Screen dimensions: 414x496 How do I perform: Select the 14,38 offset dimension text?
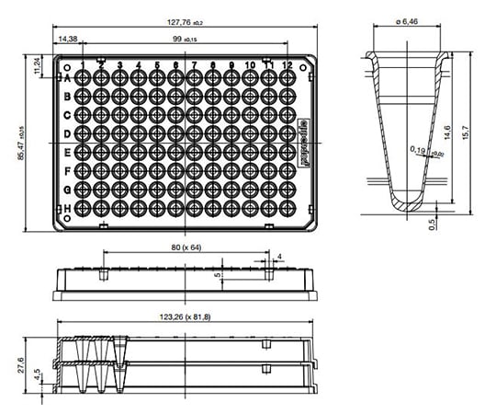coord(67,40)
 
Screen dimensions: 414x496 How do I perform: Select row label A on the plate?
coord(67,79)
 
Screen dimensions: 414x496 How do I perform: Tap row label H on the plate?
coord(67,209)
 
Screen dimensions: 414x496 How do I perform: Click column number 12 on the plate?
coord(287,65)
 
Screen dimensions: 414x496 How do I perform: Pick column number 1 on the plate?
coord(84,65)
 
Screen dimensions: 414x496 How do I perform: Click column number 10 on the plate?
coord(249,65)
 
